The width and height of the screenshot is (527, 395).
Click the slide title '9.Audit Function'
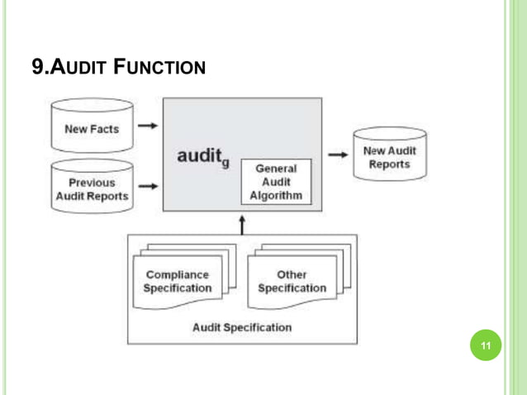coord(118,66)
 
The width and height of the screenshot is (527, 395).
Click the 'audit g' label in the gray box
coord(202,156)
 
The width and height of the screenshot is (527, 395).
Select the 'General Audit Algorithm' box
coord(276,182)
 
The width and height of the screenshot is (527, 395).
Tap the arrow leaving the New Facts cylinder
coord(148,126)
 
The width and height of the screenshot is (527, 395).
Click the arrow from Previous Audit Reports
coord(148,188)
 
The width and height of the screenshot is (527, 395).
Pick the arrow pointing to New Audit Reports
coord(336,154)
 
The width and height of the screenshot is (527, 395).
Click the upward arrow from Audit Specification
coord(242,225)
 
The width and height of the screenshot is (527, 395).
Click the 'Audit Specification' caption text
coord(242,327)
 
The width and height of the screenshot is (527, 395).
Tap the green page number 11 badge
coord(486,345)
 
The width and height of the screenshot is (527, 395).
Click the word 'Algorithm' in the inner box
coord(276,196)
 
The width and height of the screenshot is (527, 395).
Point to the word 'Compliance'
coord(177,274)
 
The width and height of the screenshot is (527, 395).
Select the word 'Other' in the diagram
coord(292,274)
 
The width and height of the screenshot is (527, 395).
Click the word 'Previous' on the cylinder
coord(92,183)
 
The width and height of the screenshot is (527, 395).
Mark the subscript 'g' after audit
coord(225,164)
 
